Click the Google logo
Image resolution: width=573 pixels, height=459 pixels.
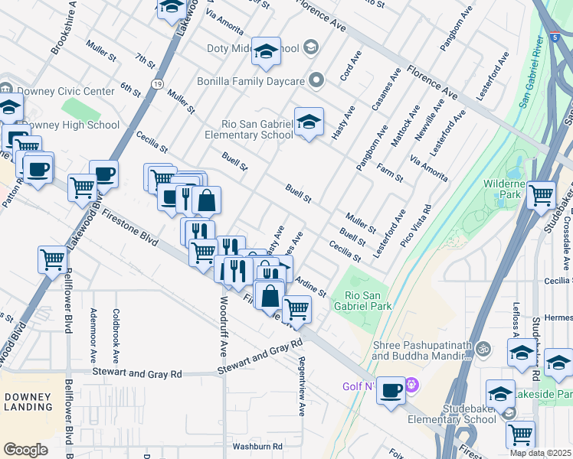point(26,449)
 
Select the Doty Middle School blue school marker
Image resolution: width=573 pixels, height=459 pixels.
point(266,52)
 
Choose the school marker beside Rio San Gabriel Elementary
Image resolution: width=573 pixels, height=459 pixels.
point(309,122)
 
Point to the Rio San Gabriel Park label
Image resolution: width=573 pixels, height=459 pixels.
point(368,300)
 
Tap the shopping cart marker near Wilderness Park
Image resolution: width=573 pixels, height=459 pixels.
point(542,195)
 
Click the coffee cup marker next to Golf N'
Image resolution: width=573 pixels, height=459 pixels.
point(391,391)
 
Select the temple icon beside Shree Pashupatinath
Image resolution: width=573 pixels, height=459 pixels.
point(483,350)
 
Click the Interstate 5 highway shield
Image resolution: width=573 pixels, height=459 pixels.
point(554,36)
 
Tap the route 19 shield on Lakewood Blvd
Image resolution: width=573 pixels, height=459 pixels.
point(156,83)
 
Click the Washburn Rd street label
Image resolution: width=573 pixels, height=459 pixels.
point(257,446)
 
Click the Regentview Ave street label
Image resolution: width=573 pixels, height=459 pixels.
point(302,386)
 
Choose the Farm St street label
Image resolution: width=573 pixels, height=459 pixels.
point(388,172)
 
